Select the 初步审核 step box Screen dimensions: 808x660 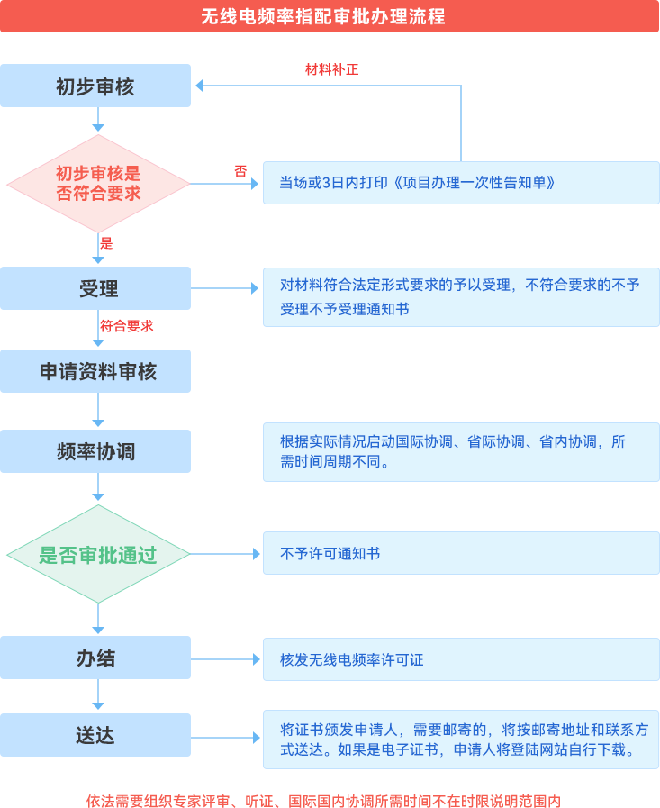pyautogui.click(x=95, y=86)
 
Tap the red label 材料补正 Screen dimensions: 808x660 pyautogui.click(x=331, y=69)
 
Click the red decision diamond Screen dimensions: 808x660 pyautogui.click(x=98, y=184)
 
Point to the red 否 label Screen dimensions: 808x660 pyautogui.click(x=240, y=170)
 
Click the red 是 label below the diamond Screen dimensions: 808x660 pyautogui.click(x=106, y=243)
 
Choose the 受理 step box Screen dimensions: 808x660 pyautogui.click(x=98, y=288)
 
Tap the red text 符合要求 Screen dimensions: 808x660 pyautogui.click(x=127, y=326)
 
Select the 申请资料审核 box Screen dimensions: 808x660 pyautogui.click(x=97, y=371)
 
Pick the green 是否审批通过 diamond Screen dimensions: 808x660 pyautogui.click(x=98, y=554)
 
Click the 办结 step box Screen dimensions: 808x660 pyautogui.click(x=95, y=658)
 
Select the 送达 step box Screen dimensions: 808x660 pyautogui.click(x=95, y=735)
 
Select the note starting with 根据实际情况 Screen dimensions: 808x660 pyautogui.click(x=455, y=451)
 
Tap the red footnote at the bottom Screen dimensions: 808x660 pyautogui.click(x=323, y=800)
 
